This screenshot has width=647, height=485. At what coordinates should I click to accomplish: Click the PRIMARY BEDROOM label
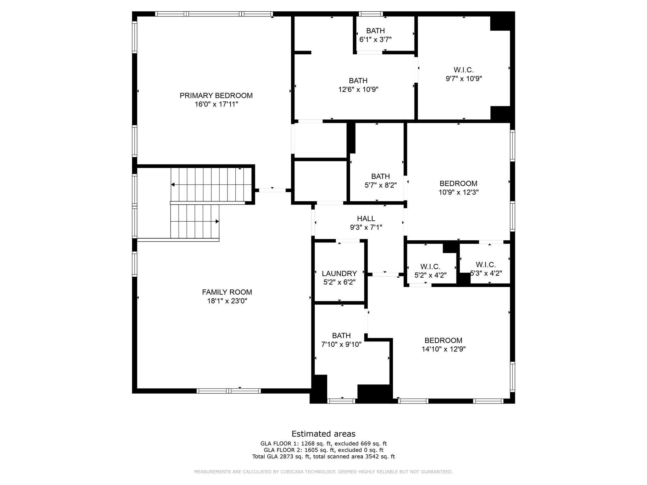tap(216, 95)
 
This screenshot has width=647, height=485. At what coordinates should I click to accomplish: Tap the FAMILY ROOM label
tap(227, 292)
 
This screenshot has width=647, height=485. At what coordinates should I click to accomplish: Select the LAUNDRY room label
tap(339, 273)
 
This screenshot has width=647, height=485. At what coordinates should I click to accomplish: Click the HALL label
tap(366, 219)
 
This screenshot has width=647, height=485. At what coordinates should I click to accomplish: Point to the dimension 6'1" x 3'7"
tap(375, 39)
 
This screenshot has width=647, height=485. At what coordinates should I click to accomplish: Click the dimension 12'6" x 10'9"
tap(358, 89)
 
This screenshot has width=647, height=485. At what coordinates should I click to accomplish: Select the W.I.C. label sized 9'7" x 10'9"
tap(463, 70)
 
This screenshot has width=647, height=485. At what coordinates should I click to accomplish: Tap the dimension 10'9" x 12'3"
tap(458, 192)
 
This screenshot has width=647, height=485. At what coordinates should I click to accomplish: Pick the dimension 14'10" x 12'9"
tap(444, 349)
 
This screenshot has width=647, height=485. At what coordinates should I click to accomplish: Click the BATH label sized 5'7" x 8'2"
tap(380, 176)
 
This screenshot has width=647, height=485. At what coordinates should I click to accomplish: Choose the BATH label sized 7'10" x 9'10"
tap(341, 335)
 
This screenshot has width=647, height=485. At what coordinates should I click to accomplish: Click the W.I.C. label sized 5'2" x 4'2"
tap(430, 266)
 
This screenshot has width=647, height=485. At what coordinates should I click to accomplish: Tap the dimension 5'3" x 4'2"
tap(486, 273)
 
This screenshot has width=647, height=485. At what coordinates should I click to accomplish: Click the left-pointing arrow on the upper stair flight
tap(173, 184)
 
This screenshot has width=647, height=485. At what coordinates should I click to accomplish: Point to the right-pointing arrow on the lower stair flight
tap(217, 221)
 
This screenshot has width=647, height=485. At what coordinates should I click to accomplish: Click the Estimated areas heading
tap(323, 434)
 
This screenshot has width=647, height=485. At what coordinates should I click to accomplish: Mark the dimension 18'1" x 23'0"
tap(227, 301)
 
